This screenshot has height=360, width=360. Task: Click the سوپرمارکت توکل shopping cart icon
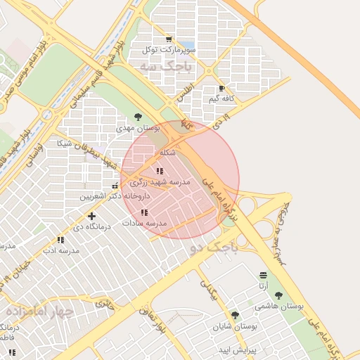(168, 39)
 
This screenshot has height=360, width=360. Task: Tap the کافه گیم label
(220, 98)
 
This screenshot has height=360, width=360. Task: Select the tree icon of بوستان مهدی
(138, 117)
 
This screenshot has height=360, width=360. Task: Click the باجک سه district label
(165, 67)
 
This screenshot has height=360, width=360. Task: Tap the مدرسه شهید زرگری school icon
(160, 171)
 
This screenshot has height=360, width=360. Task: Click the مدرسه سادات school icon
(144, 212)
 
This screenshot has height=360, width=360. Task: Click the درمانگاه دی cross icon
(91, 216)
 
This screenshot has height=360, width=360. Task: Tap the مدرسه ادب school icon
(60, 240)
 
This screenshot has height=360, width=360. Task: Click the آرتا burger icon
(263, 275)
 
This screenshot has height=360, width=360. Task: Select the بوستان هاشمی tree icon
(278, 296)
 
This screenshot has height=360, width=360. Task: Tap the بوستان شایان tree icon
(235, 316)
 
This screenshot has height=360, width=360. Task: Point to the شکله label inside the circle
(167, 153)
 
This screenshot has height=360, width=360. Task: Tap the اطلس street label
(184, 90)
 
